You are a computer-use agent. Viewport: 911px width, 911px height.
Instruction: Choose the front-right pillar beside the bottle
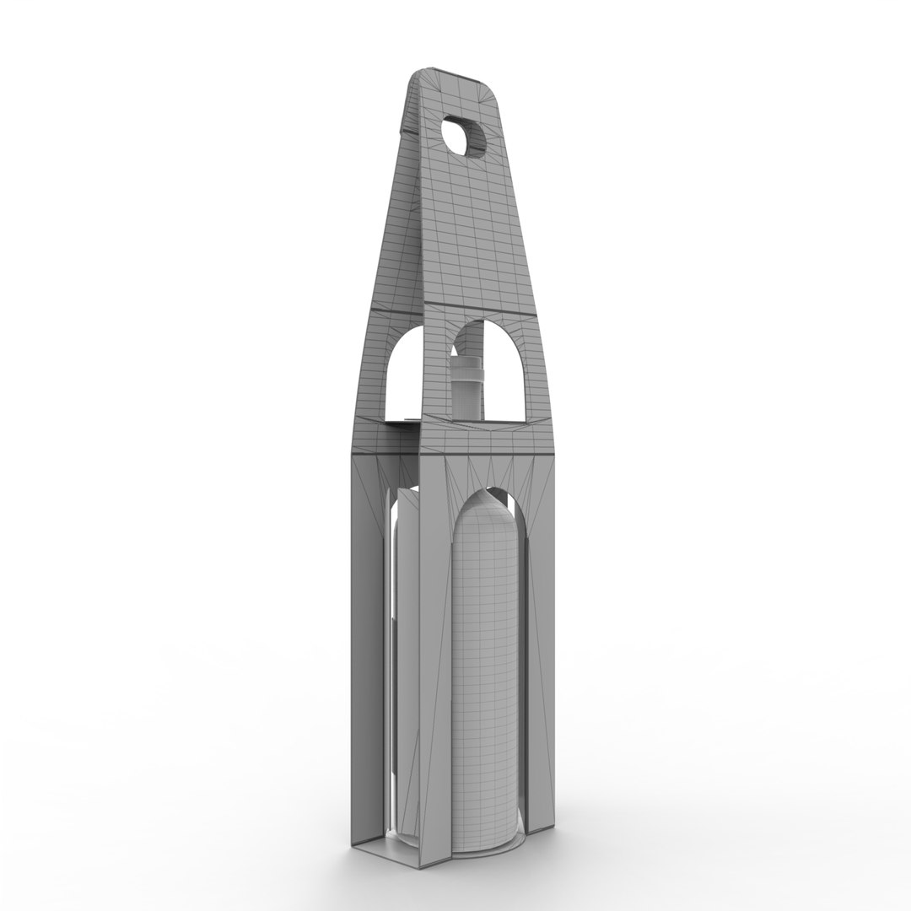click(x=540, y=675)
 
